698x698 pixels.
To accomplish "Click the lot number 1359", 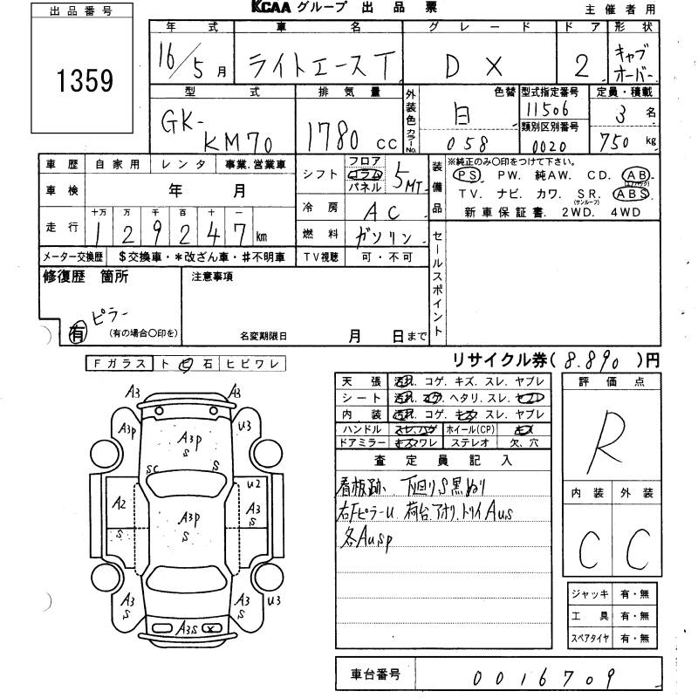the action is tap(86, 80).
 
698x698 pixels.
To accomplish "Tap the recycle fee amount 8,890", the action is tap(594, 359).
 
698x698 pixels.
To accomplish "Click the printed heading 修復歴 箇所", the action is tap(86, 277).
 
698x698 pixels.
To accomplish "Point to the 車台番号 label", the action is tap(373, 674).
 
